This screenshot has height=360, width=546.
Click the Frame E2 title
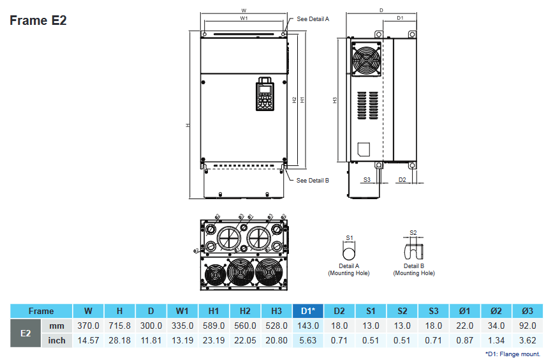point(38,20)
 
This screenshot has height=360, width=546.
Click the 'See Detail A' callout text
point(313,19)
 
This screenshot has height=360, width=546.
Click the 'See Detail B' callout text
point(313,181)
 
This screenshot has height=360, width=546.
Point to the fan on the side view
point(365,60)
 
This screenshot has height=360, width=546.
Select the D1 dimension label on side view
point(400,19)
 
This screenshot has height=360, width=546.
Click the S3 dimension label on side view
point(367,180)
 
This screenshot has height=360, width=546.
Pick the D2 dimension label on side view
point(402,180)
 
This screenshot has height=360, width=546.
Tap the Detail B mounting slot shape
point(413,250)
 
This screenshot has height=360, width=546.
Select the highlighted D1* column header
point(308,311)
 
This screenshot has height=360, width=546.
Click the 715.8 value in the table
point(120,326)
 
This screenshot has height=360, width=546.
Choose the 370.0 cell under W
point(89,326)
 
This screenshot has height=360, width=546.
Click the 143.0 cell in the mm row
point(308,326)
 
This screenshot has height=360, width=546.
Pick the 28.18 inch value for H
point(120,340)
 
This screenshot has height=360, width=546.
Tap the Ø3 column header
point(527,311)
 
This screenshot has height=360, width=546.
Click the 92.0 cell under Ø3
point(527,326)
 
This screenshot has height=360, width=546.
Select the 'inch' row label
point(57,340)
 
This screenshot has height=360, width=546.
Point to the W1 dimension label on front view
point(244,19)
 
